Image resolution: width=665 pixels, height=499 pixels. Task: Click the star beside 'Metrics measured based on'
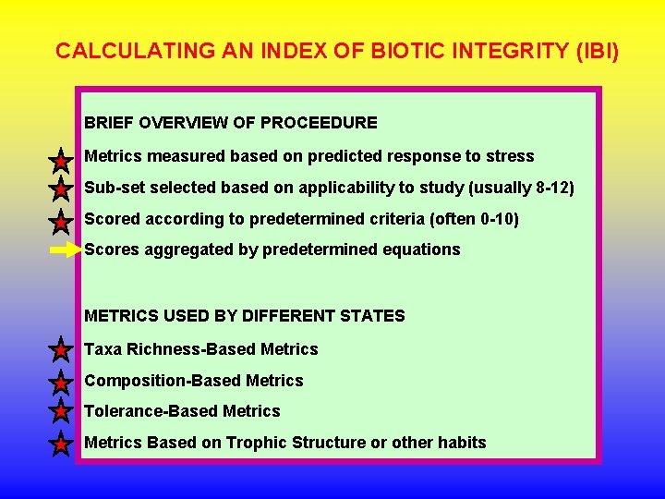(x=60, y=161)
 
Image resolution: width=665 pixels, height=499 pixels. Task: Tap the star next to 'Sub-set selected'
(x=60, y=190)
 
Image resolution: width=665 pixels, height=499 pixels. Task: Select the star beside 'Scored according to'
(x=60, y=222)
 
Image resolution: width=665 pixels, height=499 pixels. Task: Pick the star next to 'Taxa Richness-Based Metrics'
(x=60, y=350)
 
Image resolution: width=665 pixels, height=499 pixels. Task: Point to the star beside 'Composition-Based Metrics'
(x=60, y=382)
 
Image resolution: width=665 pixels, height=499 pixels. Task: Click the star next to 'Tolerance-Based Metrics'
(x=60, y=412)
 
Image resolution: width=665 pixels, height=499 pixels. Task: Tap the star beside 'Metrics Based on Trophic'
(x=60, y=444)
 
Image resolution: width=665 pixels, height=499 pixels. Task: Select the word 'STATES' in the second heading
(x=374, y=316)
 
